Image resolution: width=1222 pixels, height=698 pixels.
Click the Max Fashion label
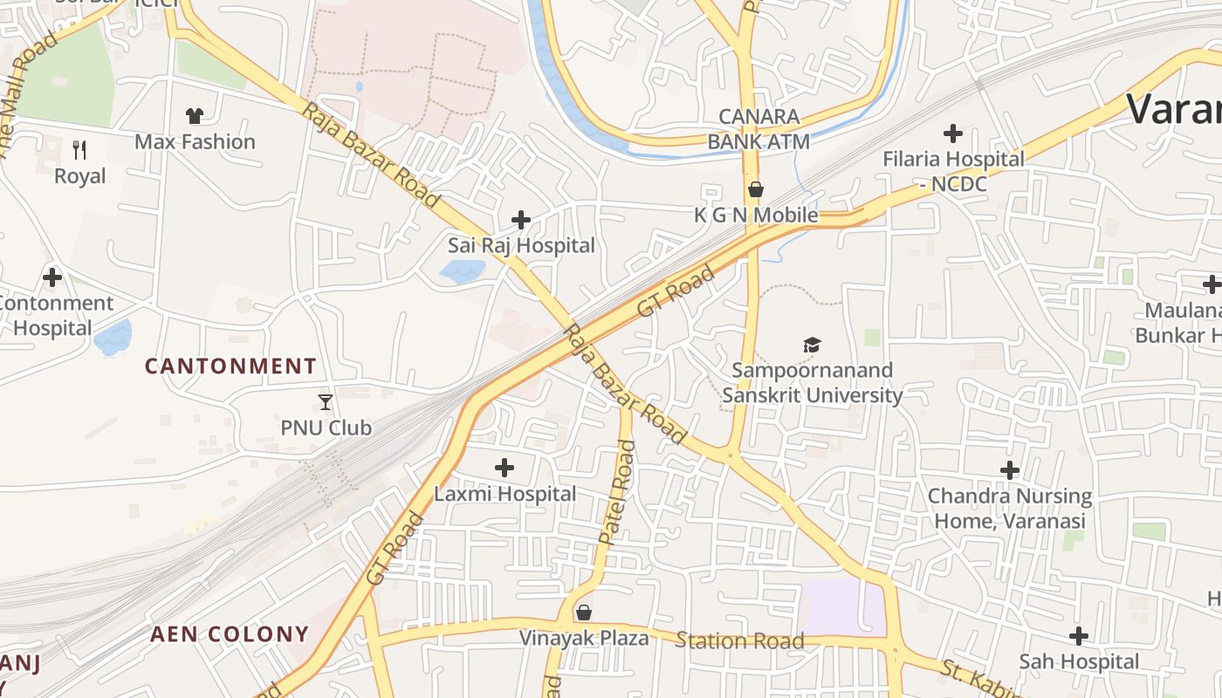(195, 141)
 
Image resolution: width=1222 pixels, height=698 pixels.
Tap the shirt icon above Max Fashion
(194, 115)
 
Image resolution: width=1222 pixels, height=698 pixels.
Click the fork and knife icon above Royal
(79, 150)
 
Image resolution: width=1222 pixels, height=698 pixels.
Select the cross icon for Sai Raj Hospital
(521, 219)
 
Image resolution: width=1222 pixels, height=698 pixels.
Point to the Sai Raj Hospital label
(521, 246)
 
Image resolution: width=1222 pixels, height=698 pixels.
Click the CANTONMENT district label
(230, 366)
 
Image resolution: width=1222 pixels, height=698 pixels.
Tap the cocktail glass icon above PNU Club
(326, 402)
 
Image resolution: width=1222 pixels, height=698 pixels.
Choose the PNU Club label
(326, 428)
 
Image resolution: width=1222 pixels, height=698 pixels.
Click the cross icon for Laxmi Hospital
(505, 468)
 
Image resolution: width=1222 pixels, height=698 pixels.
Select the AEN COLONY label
(230, 634)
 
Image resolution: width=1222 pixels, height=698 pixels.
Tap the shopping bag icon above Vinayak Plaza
(584, 612)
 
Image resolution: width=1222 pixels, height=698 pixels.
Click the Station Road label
(739, 642)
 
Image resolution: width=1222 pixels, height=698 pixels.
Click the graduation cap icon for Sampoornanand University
(812, 346)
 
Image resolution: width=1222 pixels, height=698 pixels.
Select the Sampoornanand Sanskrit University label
(812, 383)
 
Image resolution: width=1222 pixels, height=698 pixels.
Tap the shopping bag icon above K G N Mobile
(756, 189)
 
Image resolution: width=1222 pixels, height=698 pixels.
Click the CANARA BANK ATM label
(759, 129)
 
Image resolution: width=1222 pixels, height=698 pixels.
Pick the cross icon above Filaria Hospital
(953, 133)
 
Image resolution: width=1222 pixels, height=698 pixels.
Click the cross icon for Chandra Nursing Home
(1010, 470)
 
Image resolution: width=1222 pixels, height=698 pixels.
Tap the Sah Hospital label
(1079, 662)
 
